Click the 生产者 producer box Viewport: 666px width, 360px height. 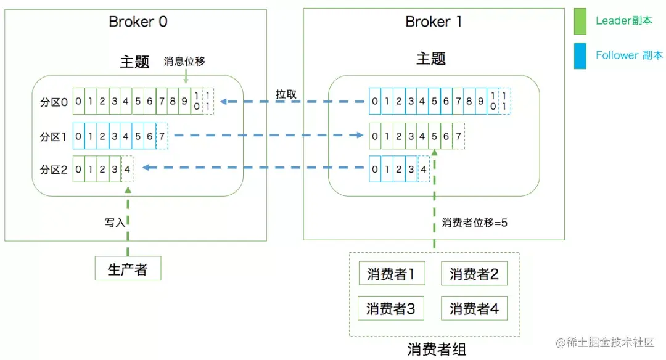128,269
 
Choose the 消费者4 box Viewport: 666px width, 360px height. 474,308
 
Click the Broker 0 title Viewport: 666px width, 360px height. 138,22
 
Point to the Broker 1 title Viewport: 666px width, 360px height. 434,22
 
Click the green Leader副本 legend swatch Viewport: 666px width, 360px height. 580,21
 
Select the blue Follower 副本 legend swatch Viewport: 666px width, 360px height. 580,55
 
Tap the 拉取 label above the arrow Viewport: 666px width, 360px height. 286,94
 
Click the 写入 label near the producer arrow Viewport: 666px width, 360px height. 115,223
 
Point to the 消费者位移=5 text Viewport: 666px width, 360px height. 474,223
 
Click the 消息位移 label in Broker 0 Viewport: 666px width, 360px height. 184,62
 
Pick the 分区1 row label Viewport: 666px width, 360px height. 54,136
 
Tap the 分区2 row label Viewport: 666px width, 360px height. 54,170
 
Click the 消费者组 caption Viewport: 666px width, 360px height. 437,350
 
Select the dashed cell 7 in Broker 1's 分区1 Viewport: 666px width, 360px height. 459,136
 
